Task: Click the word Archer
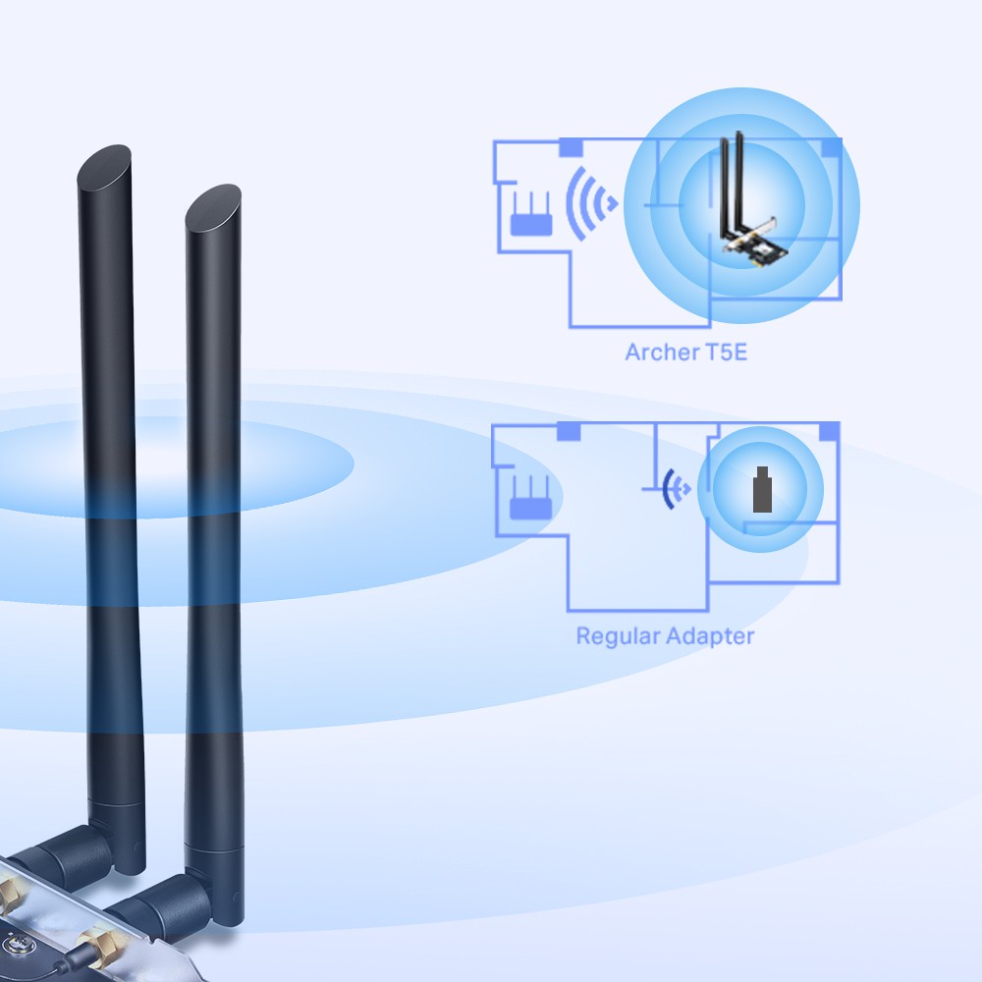(659, 352)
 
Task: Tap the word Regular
(617, 635)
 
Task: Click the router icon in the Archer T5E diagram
(526, 218)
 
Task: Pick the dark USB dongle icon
(760, 491)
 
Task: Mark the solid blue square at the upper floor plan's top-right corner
(832, 146)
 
